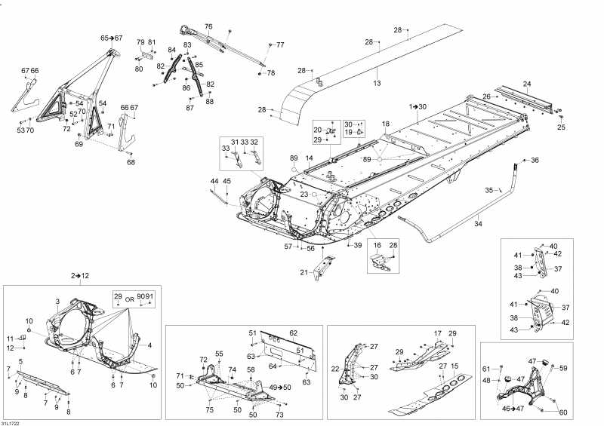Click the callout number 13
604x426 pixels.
pos(377,84)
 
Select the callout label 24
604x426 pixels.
pos(527,84)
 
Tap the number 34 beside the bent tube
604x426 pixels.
pos(477,224)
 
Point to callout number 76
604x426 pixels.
pos(208,26)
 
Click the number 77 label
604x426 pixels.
pos(280,45)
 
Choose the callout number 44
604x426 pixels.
pos(214,182)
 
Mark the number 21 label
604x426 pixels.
pos(304,272)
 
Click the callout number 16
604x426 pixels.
pos(376,246)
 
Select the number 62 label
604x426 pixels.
pos(293,333)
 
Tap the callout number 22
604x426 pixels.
pos(335,369)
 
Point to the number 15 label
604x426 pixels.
pos(455,366)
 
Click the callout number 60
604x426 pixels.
pos(562,412)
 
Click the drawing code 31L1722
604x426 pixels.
pos(11,421)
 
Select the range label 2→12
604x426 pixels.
pos(80,276)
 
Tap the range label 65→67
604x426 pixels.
pos(112,38)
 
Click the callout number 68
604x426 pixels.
pos(131,162)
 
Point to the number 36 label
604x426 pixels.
pos(535,160)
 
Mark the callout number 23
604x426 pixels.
pos(304,195)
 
